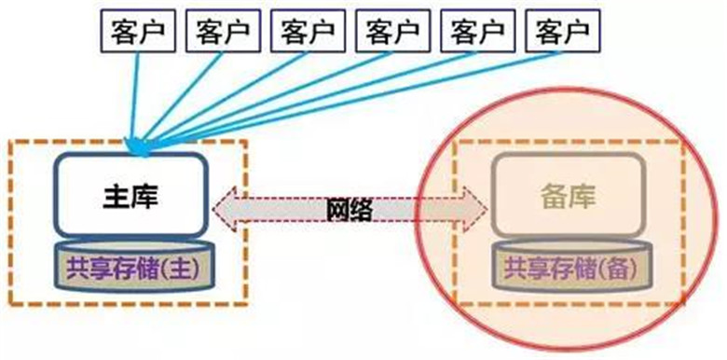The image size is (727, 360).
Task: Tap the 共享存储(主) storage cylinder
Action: (x=130, y=265)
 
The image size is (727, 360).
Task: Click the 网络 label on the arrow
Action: (x=350, y=210)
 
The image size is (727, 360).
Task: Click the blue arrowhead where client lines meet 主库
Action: (x=138, y=145)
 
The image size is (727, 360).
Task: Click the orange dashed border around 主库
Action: (x=248, y=224)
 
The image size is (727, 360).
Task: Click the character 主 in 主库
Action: (x=113, y=198)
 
